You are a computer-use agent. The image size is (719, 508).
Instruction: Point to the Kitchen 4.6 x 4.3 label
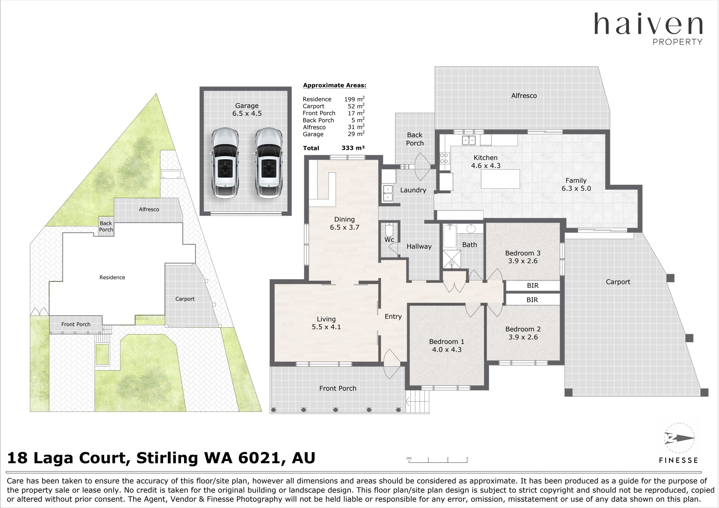[x=486, y=162]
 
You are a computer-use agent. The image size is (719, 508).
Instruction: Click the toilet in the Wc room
[x=389, y=230]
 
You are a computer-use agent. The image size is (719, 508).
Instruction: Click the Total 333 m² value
[x=353, y=148]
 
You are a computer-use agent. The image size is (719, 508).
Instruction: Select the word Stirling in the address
[x=167, y=458]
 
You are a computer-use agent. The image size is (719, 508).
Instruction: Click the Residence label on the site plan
[x=112, y=277]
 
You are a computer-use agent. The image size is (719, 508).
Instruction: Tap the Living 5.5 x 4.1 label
[x=326, y=323]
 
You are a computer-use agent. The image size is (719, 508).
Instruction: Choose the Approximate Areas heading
[x=334, y=85]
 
